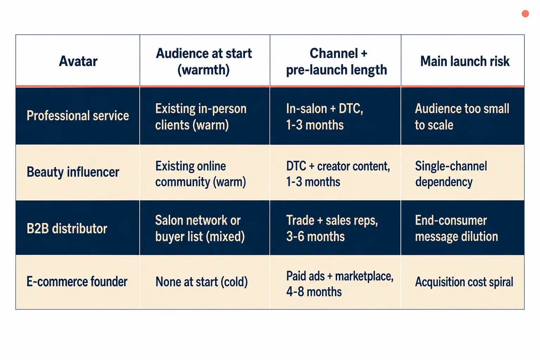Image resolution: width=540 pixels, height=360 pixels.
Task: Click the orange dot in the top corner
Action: click(x=525, y=14)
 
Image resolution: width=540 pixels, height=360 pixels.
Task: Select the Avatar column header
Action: click(x=78, y=61)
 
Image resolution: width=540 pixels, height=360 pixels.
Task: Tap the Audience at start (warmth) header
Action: click(x=204, y=61)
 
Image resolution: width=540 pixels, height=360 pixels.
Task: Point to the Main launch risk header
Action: click(x=465, y=61)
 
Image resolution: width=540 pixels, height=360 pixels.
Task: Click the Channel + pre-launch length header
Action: click(x=336, y=61)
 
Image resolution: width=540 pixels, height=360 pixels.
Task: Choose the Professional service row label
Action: click(x=78, y=116)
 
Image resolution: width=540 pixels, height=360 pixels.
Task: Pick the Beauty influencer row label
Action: click(x=73, y=172)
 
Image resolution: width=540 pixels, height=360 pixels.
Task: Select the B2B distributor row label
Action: click(x=67, y=229)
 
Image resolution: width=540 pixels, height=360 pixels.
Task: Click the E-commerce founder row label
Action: click(x=77, y=281)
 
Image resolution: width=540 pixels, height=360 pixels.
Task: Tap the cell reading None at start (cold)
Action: click(x=201, y=282)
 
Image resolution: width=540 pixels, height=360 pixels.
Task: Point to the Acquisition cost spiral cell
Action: click(x=464, y=282)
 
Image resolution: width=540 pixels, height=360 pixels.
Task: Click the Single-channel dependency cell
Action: click(x=451, y=174)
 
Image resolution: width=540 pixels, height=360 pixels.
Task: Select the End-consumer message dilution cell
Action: click(x=456, y=228)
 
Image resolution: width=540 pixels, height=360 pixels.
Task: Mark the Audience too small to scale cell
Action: click(x=462, y=117)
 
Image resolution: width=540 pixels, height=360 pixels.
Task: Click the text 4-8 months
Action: click(x=314, y=292)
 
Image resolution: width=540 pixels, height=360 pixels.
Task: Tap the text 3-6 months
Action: click(x=315, y=236)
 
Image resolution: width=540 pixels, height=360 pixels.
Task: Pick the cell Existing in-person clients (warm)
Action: click(x=201, y=117)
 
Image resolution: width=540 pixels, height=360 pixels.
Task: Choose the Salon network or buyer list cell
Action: click(x=200, y=229)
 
